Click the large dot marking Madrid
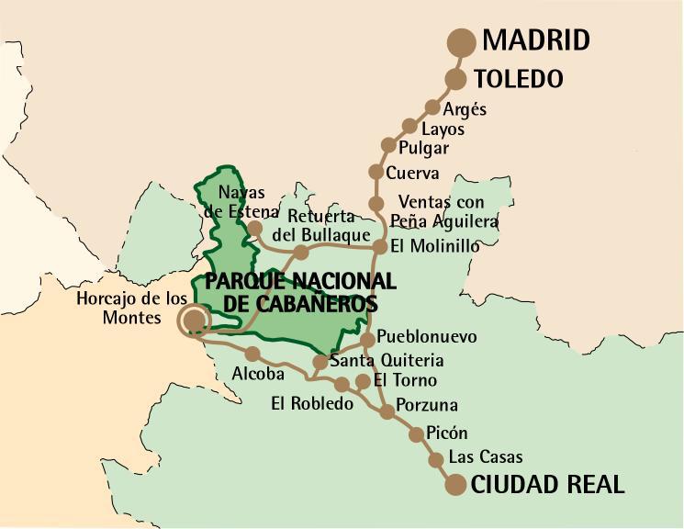461,42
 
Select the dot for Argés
432,107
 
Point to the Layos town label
443,129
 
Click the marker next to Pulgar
388,145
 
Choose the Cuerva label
412,173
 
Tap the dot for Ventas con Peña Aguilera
376,204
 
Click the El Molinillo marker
379,246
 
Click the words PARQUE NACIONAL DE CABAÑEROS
299,291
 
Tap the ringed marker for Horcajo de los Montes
194,320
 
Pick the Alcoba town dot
252,354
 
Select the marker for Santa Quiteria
320,362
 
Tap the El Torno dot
363,380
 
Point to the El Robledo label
312,403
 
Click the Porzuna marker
387,411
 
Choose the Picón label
447,433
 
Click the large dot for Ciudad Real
454,485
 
